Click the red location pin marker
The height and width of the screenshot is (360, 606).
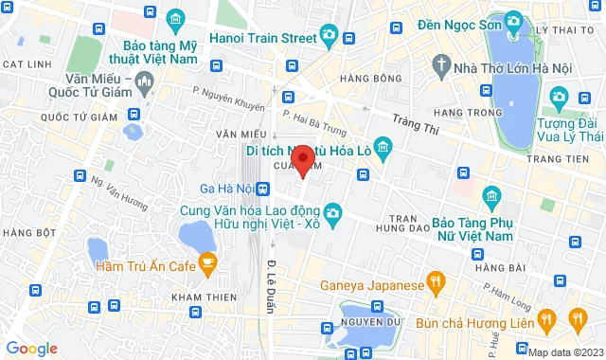302,159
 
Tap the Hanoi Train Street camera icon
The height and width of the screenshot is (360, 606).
329,37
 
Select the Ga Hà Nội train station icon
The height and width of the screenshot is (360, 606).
262,189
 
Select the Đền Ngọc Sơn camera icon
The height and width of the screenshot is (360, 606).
512,21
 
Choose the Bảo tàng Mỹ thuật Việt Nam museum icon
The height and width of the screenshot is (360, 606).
174,20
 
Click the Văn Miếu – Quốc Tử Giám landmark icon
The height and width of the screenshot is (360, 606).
144,84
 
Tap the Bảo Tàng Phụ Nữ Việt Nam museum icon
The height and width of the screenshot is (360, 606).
491,197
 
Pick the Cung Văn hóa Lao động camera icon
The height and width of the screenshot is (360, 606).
332,216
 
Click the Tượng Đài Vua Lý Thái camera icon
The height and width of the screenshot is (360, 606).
558,96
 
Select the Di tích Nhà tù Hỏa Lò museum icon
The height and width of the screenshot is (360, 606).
383,146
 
